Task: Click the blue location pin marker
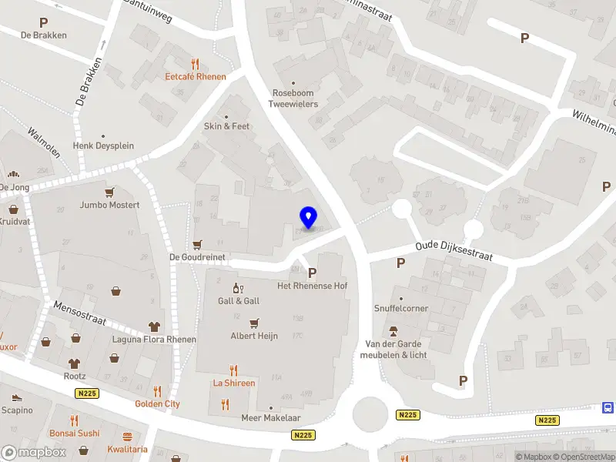coord(308,218)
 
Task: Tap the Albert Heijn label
coord(254,336)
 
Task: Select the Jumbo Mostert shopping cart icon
coord(110,192)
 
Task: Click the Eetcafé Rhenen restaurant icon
coord(196,64)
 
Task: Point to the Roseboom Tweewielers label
coord(293,99)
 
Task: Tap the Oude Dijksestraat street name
coord(454,250)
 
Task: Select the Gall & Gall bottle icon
coord(238,288)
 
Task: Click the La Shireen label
coord(234,383)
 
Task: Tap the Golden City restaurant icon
coord(158,390)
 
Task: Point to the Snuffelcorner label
coord(401,308)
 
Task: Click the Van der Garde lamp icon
coord(394,331)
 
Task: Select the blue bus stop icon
coord(608,407)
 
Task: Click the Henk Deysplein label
coord(104,146)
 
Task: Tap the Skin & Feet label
coord(226,126)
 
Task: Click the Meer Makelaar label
coord(270,418)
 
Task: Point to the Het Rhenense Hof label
coord(313,286)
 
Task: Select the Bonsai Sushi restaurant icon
coord(75,420)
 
